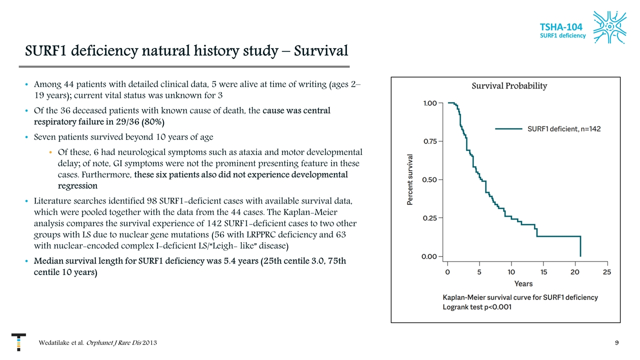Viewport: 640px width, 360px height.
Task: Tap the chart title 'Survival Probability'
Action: (x=509, y=86)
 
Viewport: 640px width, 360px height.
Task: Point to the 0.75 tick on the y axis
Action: (x=430, y=141)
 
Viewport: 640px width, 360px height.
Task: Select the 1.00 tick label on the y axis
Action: (x=430, y=103)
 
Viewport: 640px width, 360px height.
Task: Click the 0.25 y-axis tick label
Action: (x=430, y=218)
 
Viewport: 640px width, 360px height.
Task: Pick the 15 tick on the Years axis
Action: (x=543, y=272)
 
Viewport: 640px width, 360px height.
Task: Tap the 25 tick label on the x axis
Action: (x=607, y=272)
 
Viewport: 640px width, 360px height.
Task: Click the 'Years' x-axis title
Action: (x=523, y=284)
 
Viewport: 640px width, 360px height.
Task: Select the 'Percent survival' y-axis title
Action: (x=410, y=179)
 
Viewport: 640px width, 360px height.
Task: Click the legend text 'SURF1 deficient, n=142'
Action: (x=564, y=129)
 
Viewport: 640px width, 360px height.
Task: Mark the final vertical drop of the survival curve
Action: (x=580, y=246)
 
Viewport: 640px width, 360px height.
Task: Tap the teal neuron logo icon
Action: (x=610, y=27)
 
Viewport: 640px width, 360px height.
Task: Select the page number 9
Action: (x=617, y=343)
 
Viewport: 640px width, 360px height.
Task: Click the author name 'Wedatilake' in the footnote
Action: (x=56, y=343)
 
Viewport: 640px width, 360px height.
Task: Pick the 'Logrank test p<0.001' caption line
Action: (x=477, y=307)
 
